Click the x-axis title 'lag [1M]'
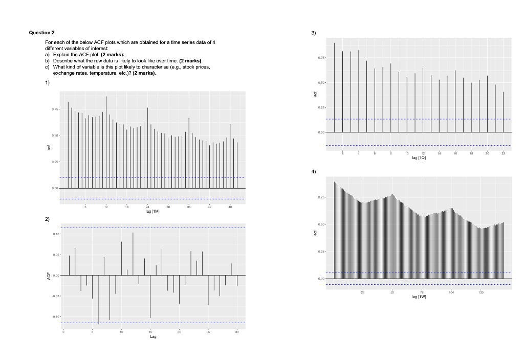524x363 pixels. click(153, 211)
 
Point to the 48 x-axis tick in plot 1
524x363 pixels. click(230, 207)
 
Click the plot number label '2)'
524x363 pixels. click(47, 219)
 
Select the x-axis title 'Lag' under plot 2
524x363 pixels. click(153, 337)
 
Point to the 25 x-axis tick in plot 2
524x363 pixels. click(208, 333)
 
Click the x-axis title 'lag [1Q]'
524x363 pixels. click(418, 158)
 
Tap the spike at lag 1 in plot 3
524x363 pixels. click(335, 87)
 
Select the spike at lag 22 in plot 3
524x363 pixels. click(504, 112)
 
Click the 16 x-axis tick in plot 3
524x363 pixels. click(455, 154)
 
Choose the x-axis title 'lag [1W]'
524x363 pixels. click(418, 296)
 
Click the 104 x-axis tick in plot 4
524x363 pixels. click(451, 291)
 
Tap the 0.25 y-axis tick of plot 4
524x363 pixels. click(320, 251)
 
